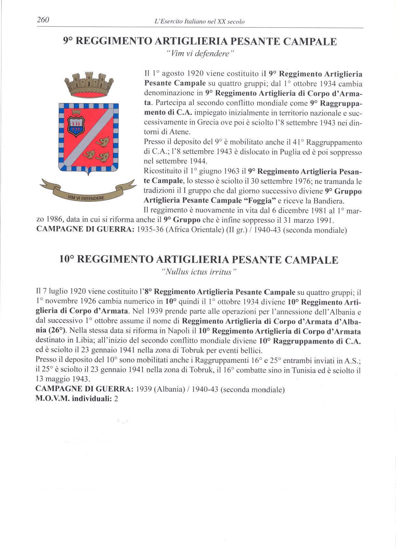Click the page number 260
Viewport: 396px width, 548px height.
43,20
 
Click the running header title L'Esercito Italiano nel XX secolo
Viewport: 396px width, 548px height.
200,22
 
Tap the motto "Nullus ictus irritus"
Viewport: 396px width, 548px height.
199,272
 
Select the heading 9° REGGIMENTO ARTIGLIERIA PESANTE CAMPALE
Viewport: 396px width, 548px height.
200,42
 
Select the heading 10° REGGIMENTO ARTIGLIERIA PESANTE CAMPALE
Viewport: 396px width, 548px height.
199,260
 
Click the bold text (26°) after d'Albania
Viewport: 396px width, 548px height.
58,331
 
